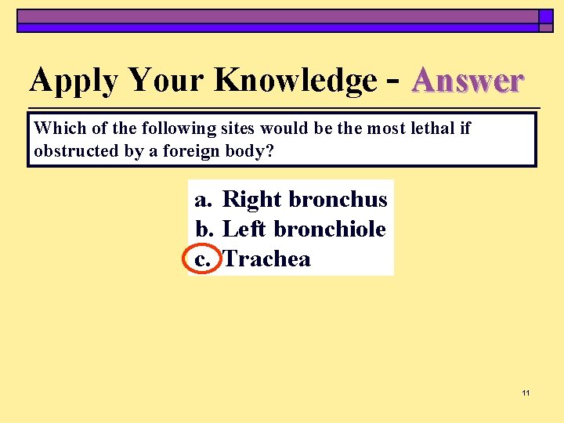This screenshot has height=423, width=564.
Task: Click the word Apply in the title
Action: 74,81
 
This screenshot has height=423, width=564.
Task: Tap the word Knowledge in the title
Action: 295,81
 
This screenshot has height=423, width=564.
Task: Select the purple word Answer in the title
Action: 468,81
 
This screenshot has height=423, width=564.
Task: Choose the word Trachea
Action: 266,259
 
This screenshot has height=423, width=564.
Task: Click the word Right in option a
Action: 252,200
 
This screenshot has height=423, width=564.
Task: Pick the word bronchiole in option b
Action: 330,230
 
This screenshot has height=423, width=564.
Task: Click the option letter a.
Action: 203,200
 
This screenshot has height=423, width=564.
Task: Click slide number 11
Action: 526,392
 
